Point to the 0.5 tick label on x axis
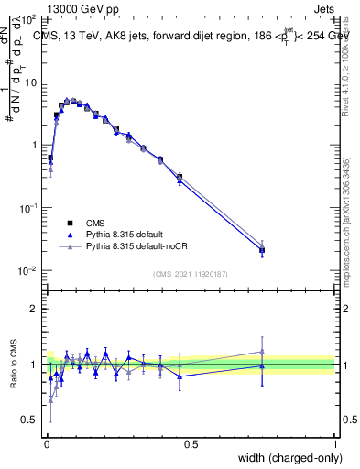pyautogui.click(x=191, y=444)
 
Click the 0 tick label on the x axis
pyautogui.click(x=47, y=444)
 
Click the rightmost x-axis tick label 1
pyautogui.click(x=335, y=444)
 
